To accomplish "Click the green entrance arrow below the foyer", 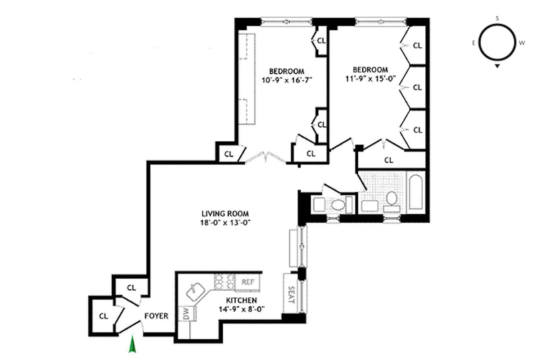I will [132, 345].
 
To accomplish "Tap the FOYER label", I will [156, 316].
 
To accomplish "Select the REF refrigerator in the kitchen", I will [248, 282].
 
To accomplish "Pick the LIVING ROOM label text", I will [225, 214].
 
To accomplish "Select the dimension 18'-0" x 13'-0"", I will [225, 222].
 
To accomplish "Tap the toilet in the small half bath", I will [336, 205].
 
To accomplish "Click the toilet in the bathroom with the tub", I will [391, 198].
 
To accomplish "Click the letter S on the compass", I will [497, 18].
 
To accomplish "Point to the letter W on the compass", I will [522, 43].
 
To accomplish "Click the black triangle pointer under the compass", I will [497, 67].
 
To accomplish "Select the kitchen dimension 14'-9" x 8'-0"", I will [241, 309].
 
